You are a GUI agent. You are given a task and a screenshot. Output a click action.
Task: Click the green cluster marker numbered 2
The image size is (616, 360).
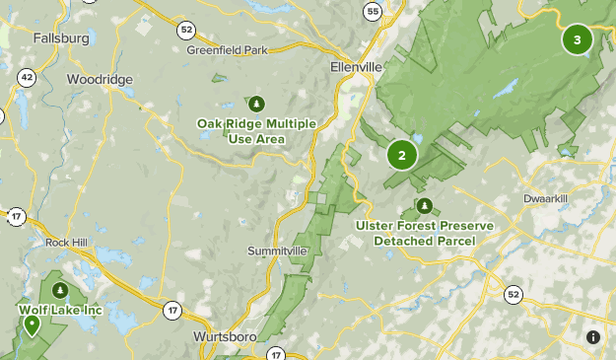tap(401, 155)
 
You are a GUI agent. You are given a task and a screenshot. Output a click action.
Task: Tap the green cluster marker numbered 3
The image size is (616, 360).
tap(577, 40)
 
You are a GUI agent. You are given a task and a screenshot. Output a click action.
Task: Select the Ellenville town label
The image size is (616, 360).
tap(354, 68)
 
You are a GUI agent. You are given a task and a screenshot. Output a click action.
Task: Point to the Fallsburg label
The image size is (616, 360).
tap(61, 38)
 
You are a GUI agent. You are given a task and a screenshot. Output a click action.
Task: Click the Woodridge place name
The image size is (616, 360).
tap(98, 79)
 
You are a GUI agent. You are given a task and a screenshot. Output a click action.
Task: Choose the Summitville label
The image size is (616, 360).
tap(277, 251)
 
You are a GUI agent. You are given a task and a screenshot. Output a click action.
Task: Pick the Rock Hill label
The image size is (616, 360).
tap(68, 242)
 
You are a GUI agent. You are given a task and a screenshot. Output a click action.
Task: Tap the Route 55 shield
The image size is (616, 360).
tap(372, 12)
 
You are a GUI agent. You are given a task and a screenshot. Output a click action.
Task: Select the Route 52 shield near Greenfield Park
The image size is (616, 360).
tap(186, 30)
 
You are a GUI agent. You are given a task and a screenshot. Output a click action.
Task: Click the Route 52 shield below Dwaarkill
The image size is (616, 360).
tap(513, 294)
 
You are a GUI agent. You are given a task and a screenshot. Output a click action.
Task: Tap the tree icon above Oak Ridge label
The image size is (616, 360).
tap(257, 103)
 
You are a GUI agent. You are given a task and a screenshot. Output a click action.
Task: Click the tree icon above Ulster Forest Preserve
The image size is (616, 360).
tap(425, 206)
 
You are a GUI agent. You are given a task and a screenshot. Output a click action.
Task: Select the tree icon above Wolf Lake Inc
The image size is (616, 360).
tap(60, 290)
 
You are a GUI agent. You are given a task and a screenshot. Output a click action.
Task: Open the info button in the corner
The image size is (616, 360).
tap(593, 337)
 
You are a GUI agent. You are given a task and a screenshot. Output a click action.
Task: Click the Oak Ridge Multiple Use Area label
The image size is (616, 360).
tap(255, 131)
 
